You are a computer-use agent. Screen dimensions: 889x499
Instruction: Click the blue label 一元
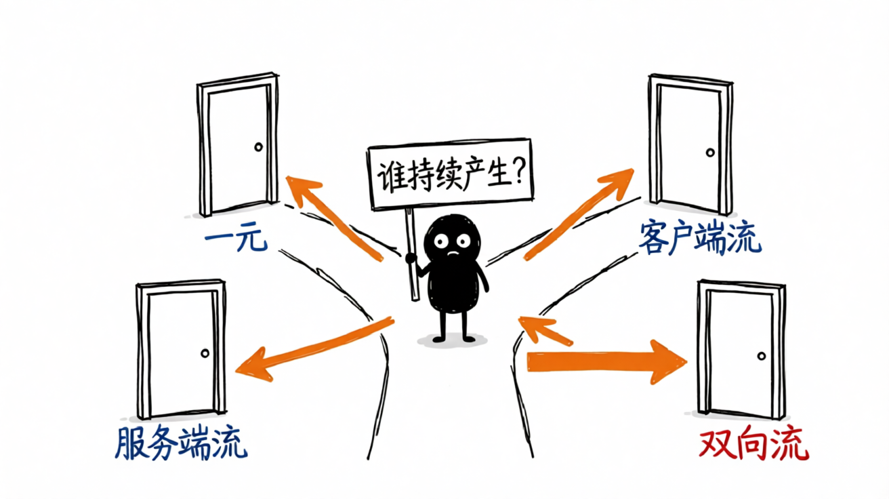click(236, 239)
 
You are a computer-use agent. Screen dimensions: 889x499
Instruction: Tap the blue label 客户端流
click(700, 238)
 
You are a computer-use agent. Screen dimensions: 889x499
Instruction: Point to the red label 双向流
click(753, 443)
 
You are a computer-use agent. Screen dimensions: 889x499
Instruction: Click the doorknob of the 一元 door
click(258, 147)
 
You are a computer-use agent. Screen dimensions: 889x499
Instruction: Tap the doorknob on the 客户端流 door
click(710, 153)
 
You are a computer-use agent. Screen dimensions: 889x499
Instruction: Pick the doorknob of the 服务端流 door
click(205, 353)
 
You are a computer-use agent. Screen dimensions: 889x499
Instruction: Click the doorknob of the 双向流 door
click(761, 356)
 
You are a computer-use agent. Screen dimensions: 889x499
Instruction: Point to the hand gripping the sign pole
click(411, 258)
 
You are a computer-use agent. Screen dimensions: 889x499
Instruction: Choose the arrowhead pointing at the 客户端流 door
click(618, 182)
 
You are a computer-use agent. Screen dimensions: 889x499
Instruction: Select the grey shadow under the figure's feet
click(452, 340)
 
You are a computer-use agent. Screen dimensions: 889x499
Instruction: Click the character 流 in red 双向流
click(791, 443)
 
